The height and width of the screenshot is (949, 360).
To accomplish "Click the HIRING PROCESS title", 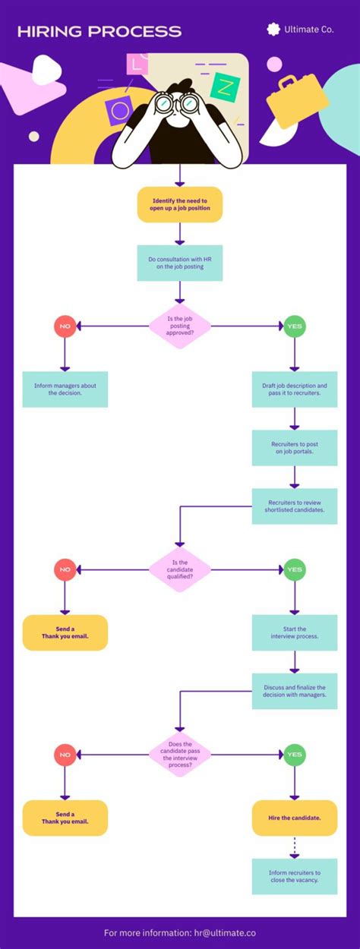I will pyautogui.click(x=99, y=31).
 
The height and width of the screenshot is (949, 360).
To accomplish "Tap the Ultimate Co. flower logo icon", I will pyautogui.click(x=273, y=29).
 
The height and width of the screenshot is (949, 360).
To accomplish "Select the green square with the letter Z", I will pyautogui.click(x=225, y=89).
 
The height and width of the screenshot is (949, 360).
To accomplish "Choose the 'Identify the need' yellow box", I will pyautogui.click(x=180, y=204).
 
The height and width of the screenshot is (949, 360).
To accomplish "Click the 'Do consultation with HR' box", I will pyautogui.click(x=180, y=263).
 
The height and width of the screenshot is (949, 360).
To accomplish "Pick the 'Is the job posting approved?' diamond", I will pyautogui.click(x=180, y=326).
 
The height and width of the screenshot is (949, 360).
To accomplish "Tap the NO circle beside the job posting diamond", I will pyautogui.click(x=65, y=326).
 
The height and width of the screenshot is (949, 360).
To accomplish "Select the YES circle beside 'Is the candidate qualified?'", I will pyautogui.click(x=295, y=569).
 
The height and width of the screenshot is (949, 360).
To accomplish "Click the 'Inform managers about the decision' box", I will pyautogui.click(x=65, y=389).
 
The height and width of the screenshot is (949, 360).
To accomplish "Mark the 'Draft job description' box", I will pyautogui.click(x=295, y=389).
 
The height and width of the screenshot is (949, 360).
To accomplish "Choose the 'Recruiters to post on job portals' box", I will pyautogui.click(x=295, y=447).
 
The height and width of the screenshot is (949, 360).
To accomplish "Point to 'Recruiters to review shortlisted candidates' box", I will pyautogui.click(x=295, y=506).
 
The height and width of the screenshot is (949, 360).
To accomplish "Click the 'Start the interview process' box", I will pyautogui.click(x=295, y=632).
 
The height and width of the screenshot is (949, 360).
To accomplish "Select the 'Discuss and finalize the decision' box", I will pyautogui.click(x=295, y=691).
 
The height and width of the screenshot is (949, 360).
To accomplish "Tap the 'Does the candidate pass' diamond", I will pyautogui.click(x=180, y=755).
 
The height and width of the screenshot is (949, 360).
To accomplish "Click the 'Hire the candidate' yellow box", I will pyautogui.click(x=295, y=818).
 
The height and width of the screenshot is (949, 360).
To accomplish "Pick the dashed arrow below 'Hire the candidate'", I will pyautogui.click(x=295, y=847).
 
